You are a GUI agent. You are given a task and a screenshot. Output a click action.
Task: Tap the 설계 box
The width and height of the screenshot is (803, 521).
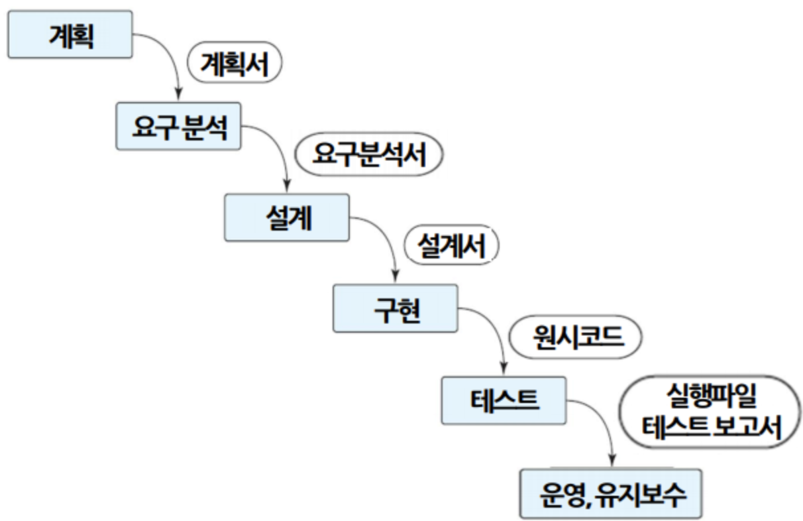286,217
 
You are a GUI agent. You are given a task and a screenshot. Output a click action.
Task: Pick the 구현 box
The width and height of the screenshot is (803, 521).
395,308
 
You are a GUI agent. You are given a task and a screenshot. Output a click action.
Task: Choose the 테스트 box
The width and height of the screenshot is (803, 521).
504,400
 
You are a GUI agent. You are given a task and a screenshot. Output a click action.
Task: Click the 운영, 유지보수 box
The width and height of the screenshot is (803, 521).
610,493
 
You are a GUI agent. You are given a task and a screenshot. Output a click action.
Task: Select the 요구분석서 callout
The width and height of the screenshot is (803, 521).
368,156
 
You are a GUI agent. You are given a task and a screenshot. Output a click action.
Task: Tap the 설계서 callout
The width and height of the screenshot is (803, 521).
451,247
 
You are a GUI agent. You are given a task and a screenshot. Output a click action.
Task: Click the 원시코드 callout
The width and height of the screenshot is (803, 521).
576,339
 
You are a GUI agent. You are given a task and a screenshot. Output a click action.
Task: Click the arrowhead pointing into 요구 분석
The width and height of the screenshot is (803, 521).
177,95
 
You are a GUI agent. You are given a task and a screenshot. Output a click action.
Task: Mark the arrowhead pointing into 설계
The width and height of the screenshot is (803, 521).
286,186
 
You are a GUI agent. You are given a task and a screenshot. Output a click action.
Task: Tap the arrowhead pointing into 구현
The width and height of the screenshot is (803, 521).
396,278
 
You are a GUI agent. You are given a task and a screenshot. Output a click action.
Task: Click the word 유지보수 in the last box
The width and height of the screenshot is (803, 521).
641,494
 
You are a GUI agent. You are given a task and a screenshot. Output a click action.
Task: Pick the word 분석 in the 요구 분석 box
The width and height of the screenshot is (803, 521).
202,126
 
